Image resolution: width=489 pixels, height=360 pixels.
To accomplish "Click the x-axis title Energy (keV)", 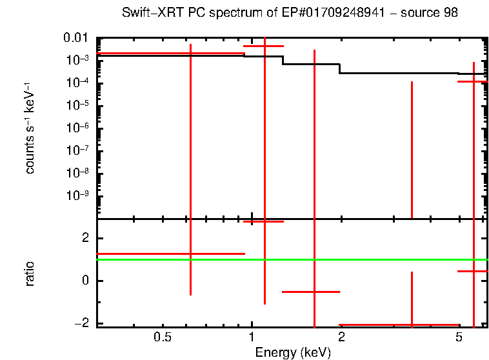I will pyautogui.click(x=293, y=352).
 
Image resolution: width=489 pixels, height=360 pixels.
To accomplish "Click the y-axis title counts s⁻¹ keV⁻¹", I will pyautogui.click(x=30, y=128).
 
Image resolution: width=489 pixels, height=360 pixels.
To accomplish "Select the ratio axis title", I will pyautogui.click(x=30, y=274).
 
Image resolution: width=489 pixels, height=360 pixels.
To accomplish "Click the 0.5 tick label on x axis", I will pyautogui.click(x=163, y=337).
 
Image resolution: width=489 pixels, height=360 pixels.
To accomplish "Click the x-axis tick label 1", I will pyautogui.click(x=252, y=337).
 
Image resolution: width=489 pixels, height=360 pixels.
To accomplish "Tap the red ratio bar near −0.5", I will pyautogui.click(x=311, y=292).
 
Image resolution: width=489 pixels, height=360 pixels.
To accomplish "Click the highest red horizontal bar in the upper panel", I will pyautogui.click(x=263, y=46).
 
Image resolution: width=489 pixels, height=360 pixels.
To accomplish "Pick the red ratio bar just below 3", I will pyautogui.click(x=263, y=221).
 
